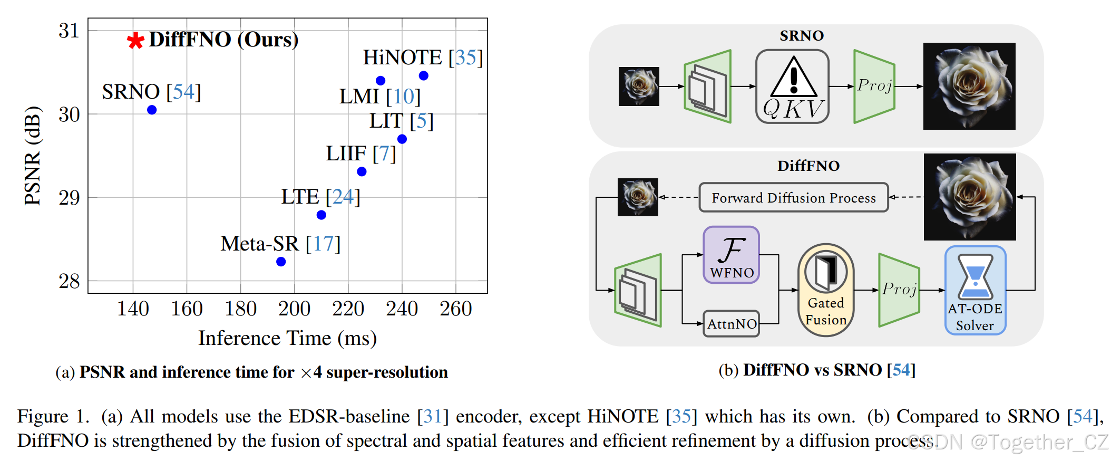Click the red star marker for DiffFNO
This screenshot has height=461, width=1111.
(x=135, y=40)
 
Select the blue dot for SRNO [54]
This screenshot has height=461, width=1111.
(x=152, y=110)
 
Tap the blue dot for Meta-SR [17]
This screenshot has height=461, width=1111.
(x=281, y=262)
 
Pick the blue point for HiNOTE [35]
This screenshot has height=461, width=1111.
(x=424, y=75)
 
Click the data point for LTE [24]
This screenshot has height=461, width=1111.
(x=321, y=215)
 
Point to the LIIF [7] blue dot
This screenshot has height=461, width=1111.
(x=362, y=171)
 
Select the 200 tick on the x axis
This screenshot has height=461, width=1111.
(x=294, y=309)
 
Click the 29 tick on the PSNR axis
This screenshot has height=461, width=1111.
(x=69, y=198)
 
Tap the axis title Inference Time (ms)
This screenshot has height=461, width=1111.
(x=287, y=338)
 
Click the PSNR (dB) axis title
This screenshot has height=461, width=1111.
(x=33, y=156)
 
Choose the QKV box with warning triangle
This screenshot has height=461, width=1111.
(x=792, y=87)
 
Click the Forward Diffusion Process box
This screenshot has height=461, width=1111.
(x=793, y=198)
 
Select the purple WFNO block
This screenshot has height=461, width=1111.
(x=731, y=255)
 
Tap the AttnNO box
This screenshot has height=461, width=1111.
(x=732, y=323)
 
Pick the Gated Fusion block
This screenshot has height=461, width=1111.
(x=826, y=290)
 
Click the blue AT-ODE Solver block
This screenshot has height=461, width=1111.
(x=975, y=290)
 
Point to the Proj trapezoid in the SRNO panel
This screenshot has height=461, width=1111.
(x=874, y=86)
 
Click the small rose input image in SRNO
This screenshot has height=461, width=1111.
(x=639, y=87)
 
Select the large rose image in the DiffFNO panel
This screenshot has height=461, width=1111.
(x=970, y=197)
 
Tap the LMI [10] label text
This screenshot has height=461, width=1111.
(x=379, y=97)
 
